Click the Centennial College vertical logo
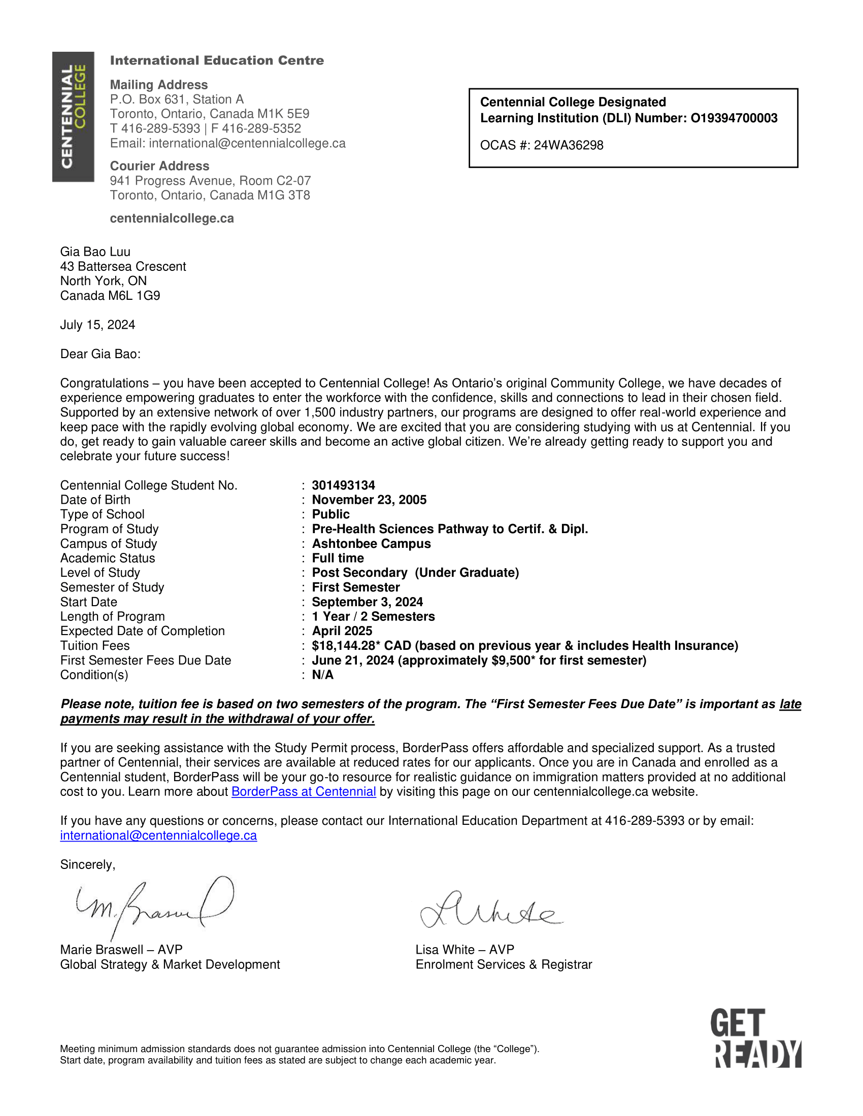[73, 117]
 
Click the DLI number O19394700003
[734, 118]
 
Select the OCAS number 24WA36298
[569, 146]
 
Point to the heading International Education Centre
[217, 60]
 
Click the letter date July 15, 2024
[97, 325]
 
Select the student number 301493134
[344, 485]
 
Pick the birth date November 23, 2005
[369, 500]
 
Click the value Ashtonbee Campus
[371, 544]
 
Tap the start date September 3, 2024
[367, 602]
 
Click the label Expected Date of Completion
[142, 631]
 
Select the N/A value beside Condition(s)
[322, 675]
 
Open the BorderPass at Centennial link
[304, 792]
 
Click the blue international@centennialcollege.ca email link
[158, 835]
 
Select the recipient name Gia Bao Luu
[95, 252]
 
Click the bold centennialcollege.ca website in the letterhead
[172, 219]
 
